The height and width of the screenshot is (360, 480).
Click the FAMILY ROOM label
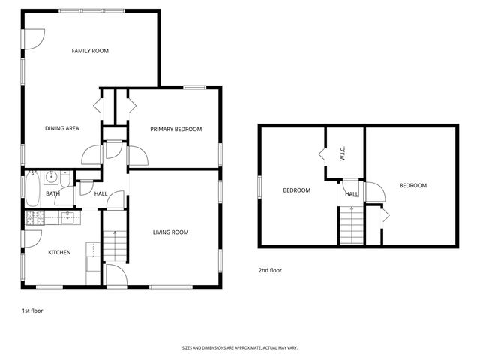tap(90, 51)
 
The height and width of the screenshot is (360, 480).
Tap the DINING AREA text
tap(61, 128)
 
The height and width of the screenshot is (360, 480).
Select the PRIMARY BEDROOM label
tap(175, 129)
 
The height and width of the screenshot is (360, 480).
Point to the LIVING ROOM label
tap(170, 232)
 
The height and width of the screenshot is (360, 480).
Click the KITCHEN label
tap(59, 252)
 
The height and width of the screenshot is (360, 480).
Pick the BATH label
tap(52, 194)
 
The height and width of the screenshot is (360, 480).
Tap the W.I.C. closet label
tap(342, 154)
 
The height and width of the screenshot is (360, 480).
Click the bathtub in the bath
tap(33, 190)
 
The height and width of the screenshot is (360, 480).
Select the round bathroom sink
tap(52, 178)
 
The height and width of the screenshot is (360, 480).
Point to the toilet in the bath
tap(67, 181)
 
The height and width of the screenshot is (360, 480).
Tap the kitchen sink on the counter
tap(66, 218)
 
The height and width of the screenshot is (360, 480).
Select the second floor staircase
tap(351, 226)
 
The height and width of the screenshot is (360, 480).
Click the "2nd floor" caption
tap(270, 270)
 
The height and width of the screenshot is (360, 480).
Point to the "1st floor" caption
tap(32, 310)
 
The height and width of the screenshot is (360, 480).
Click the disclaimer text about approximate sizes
tap(239, 348)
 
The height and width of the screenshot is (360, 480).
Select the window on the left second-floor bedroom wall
tap(259, 186)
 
